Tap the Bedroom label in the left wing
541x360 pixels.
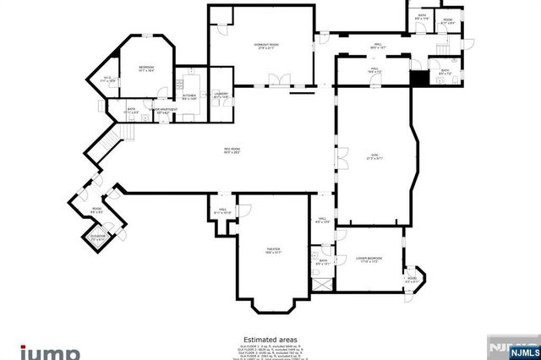(145, 71)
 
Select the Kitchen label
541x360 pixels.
(189, 96)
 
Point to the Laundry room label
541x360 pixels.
(221, 96)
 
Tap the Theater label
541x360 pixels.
(273, 250)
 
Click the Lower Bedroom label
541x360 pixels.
(369, 259)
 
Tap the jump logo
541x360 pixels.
(51, 352)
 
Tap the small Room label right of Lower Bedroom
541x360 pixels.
(412, 279)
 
